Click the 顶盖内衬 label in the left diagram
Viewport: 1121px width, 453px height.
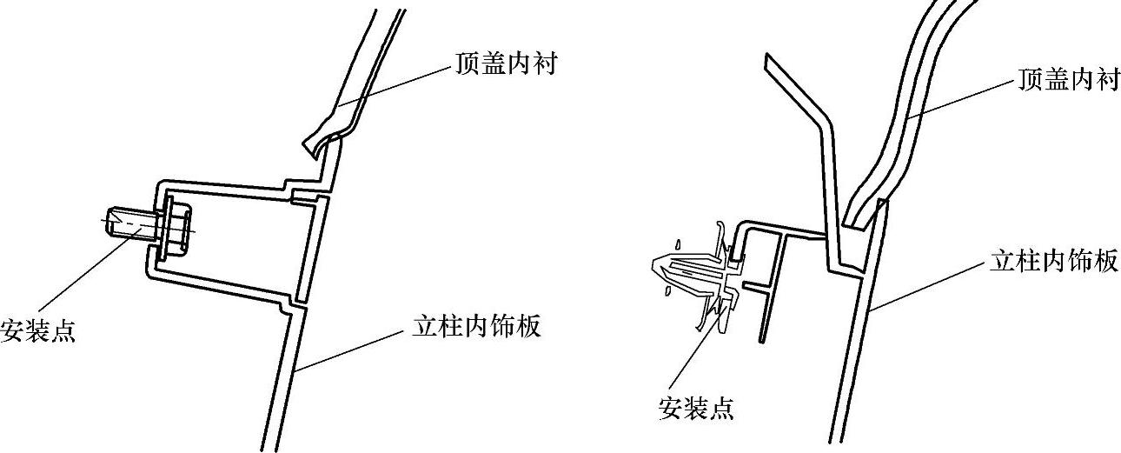point(504,65)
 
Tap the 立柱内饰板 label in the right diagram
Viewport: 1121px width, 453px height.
point(1054,262)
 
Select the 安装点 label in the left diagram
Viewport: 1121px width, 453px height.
point(38,331)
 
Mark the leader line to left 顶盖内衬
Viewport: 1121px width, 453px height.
point(395,87)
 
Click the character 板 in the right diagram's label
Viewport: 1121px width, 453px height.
point(1105,262)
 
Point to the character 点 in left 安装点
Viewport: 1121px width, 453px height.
point(63,331)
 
